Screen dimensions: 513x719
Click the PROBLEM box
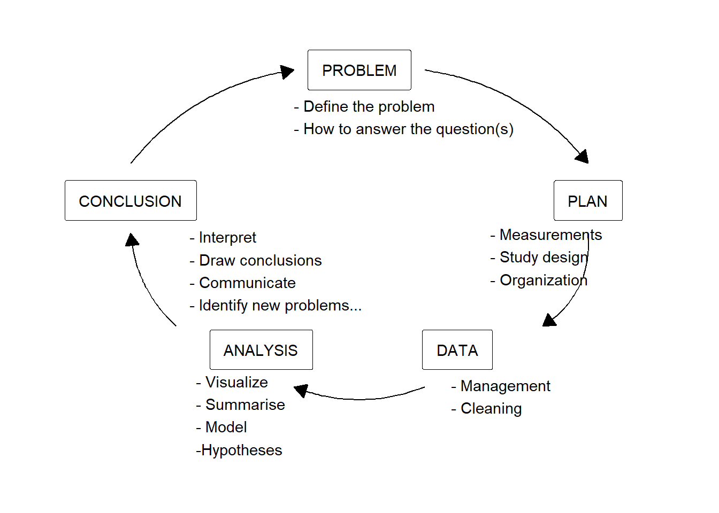(359, 70)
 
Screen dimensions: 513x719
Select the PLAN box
(587, 201)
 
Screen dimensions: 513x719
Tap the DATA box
(457, 350)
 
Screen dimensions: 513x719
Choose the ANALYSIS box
(261, 350)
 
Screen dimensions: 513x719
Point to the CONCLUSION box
(131, 201)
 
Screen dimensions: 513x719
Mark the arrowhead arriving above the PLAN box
(583, 157)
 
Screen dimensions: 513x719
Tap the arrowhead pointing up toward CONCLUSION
(132, 239)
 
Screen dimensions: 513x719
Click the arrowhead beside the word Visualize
(301, 390)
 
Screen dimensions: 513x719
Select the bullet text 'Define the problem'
(369, 107)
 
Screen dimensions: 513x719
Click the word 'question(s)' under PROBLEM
(475, 129)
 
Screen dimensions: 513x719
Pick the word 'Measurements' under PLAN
(550, 235)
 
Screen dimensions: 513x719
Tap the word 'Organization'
(543, 281)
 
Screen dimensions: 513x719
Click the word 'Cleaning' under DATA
(491, 409)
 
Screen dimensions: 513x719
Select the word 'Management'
(505, 386)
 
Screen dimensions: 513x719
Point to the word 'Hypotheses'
(241, 450)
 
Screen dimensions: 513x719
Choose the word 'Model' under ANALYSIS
(226, 428)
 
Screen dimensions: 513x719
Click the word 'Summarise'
(245, 405)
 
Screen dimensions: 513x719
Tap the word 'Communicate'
(247, 283)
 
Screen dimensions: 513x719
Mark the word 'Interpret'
(227, 238)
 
